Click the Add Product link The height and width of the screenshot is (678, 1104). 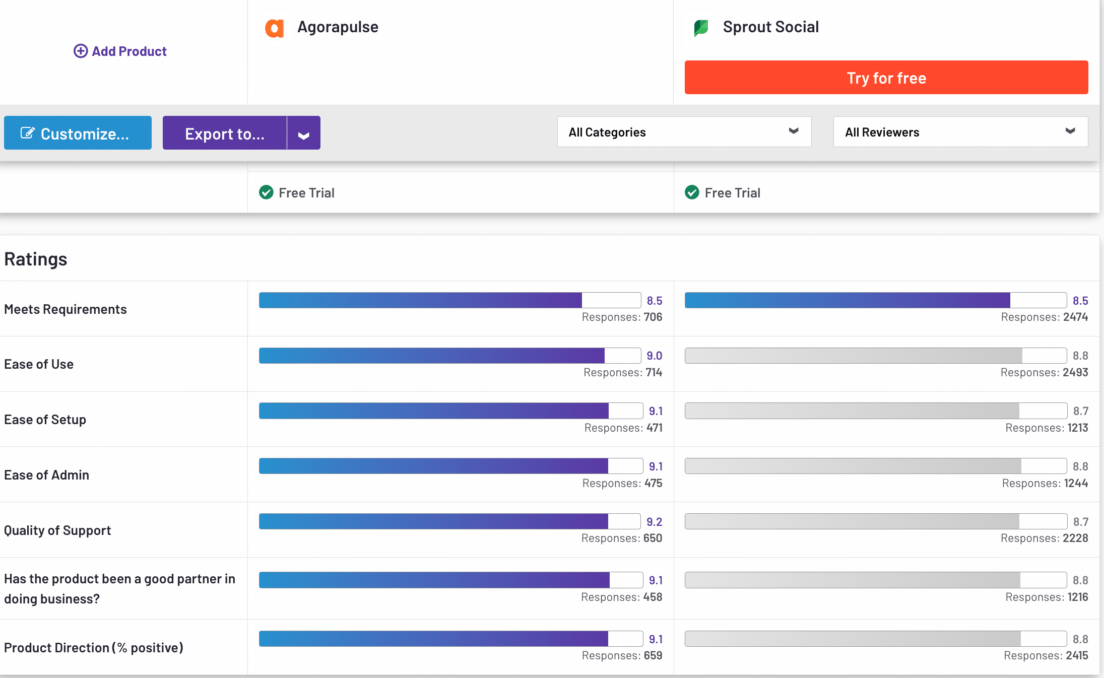[120, 51]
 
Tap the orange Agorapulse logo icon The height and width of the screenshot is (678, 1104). [274, 28]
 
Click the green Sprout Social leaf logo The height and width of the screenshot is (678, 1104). [701, 28]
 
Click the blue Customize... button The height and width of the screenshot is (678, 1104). [78, 133]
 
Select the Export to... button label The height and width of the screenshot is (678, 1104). [225, 133]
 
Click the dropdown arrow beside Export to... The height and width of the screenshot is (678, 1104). [303, 134]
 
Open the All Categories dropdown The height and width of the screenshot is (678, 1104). [684, 132]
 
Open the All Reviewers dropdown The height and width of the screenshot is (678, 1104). [960, 132]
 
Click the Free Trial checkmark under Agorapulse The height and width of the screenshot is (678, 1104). [266, 192]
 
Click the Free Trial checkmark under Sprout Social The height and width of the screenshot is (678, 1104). [692, 192]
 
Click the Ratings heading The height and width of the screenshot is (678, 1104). [36, 259]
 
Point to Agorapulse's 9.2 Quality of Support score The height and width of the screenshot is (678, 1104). [654, 522]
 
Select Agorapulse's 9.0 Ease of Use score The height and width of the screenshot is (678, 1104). [654, 356]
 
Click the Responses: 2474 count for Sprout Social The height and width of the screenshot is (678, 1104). [1044, 317]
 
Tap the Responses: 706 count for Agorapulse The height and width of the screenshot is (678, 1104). [622, 317]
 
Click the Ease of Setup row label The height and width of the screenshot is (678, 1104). [45, 420]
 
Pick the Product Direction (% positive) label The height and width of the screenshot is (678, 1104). [94, 647]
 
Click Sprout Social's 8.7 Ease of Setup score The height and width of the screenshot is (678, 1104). [1080, 411]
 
